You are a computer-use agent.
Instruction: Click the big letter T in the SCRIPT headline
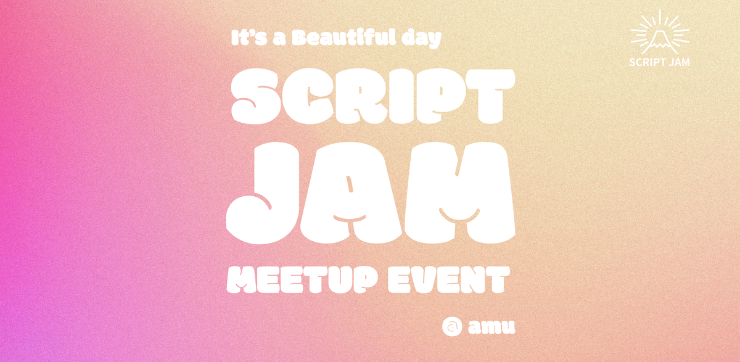point(487,96)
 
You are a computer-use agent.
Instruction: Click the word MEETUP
point(295,281)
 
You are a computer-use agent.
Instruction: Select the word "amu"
point(491,327)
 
